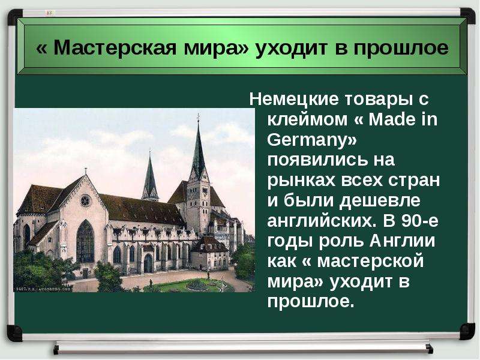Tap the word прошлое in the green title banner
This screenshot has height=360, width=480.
click(401, 49)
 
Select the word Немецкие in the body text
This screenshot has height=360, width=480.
click(294, 100)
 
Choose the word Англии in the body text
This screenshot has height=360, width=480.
click(402, 241)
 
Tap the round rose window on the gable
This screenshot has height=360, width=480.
click(85, 201)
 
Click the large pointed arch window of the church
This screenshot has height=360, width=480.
click(85, 242)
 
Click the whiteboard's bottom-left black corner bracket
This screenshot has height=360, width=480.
click(14, 333)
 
